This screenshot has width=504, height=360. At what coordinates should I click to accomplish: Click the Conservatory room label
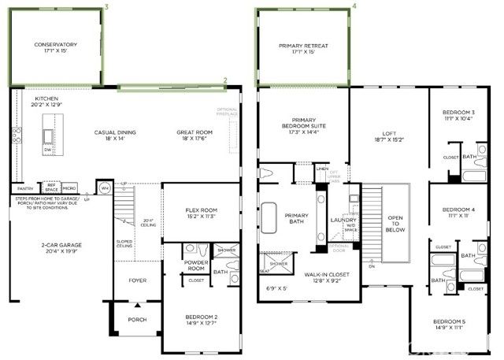tap(55, 46)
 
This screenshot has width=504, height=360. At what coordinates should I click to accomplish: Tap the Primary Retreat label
tap(303, 47)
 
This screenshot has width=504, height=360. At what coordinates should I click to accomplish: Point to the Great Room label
tap(191, 133)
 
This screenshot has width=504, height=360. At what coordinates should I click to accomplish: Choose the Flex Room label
tap(201, 210)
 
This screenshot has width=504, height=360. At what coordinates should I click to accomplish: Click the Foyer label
tap(138, 280)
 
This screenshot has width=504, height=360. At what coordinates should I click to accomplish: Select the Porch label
tap(138, 320)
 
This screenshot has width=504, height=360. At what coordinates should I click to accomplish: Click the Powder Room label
tap(196, 265)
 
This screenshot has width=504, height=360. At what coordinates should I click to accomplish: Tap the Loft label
tap(389, 135)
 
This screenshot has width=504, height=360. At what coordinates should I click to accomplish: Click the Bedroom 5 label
tap(461, 322)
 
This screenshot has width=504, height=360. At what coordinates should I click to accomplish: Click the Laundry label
tap(344, 220)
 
